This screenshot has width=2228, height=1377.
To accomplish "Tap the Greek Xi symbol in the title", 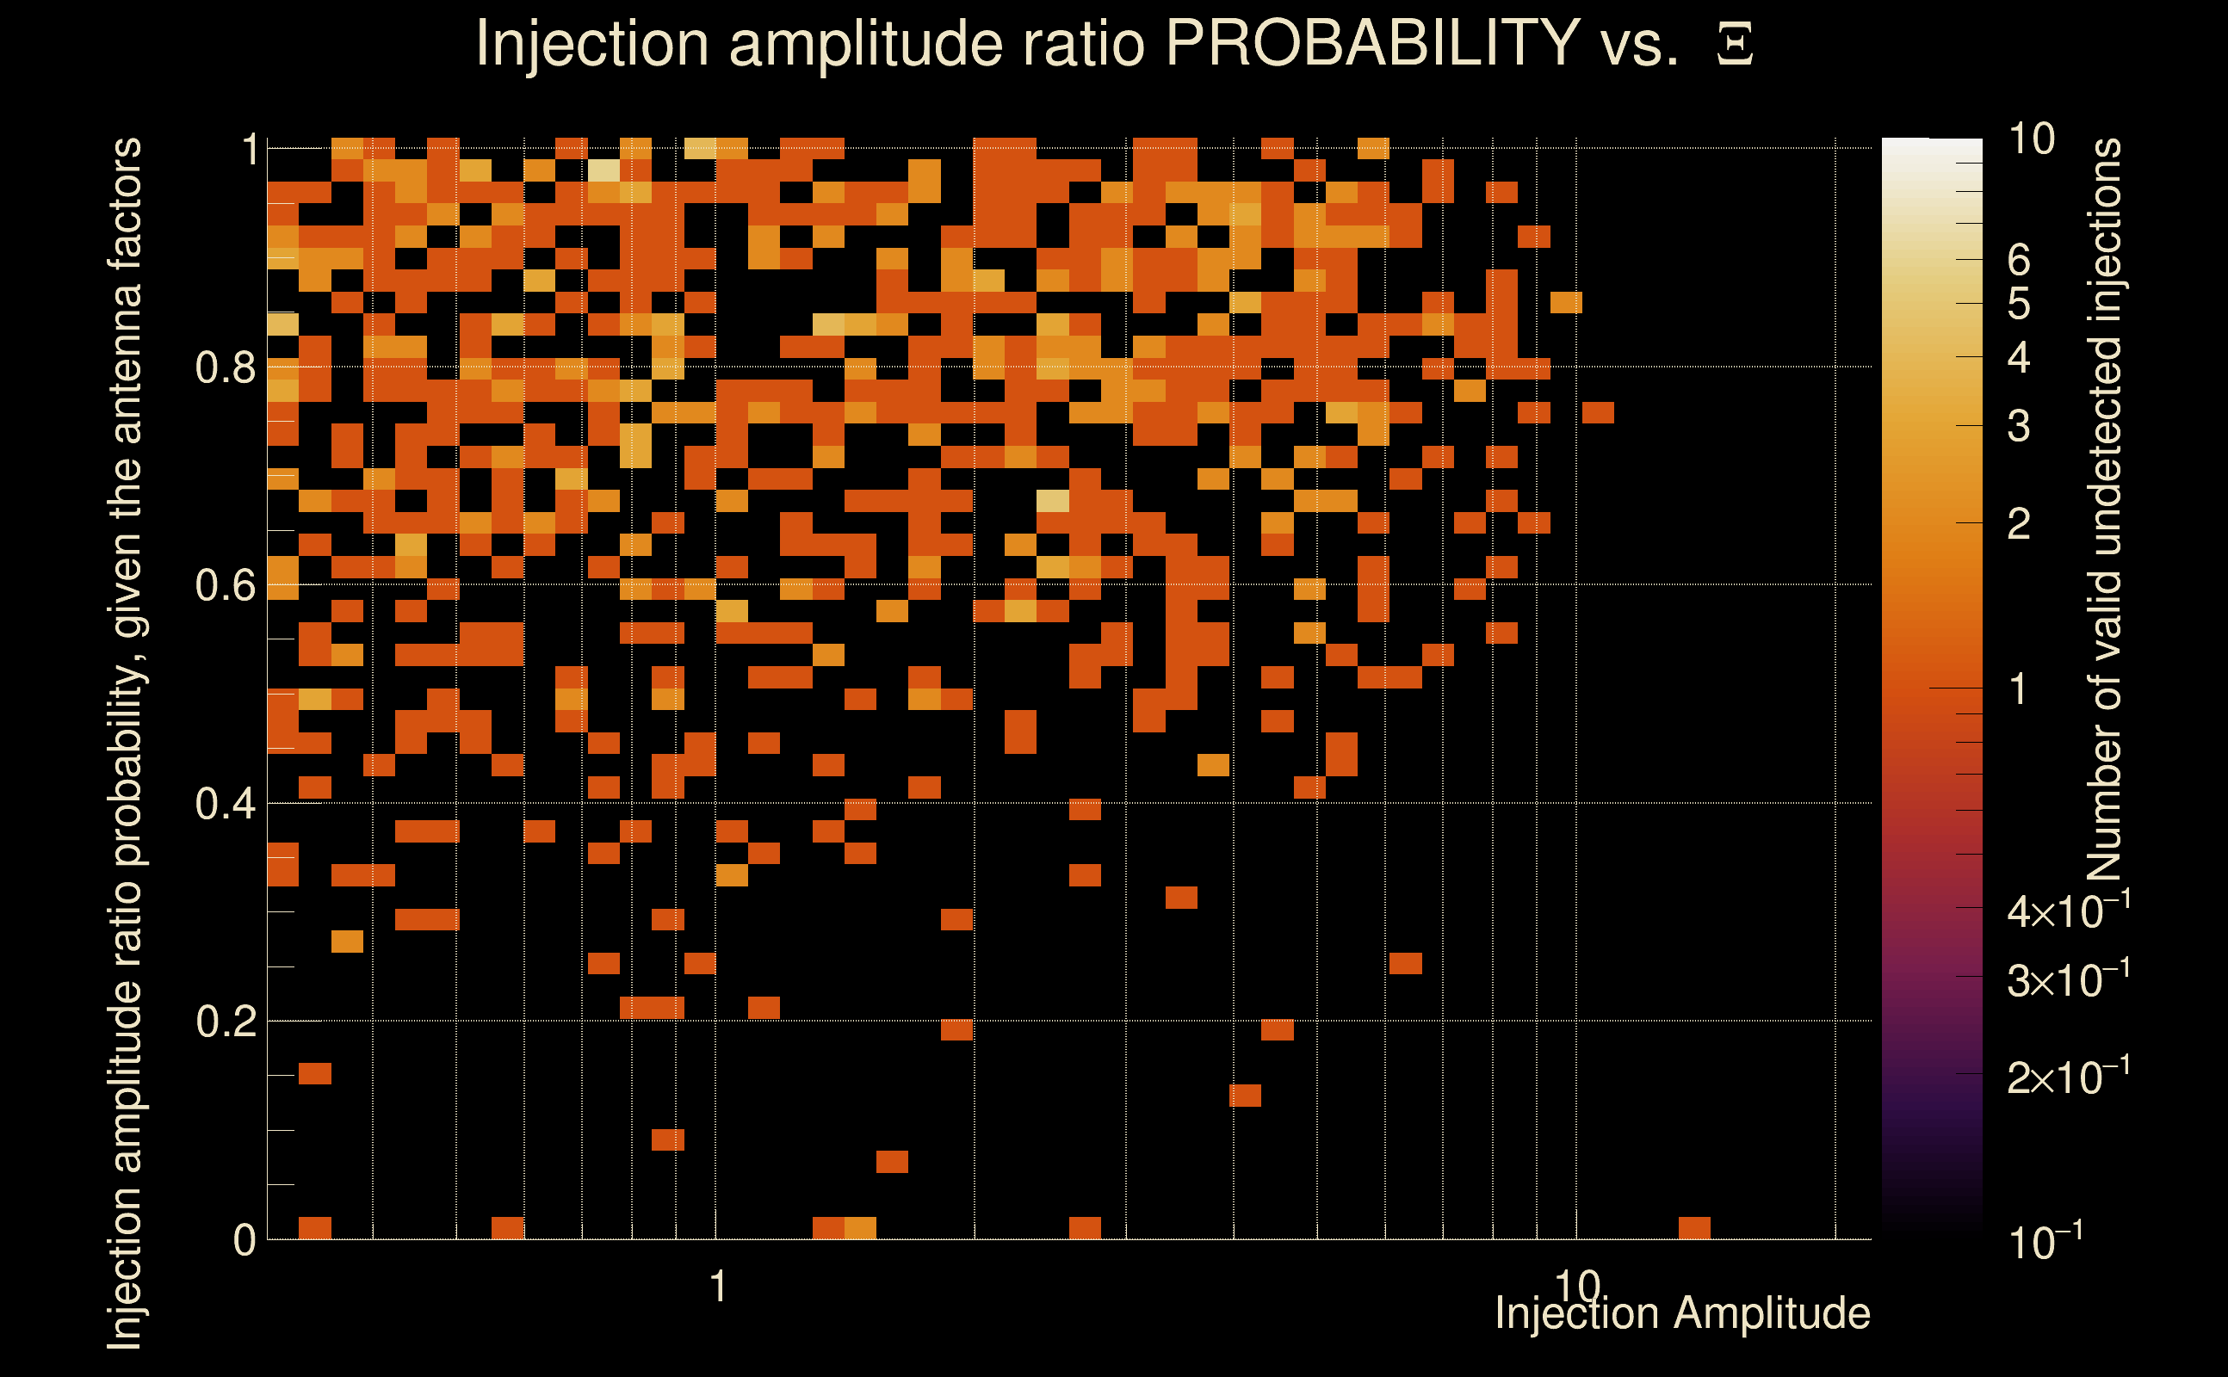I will tap(1735, 45).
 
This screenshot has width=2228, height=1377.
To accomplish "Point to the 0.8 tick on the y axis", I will tap(226, 368).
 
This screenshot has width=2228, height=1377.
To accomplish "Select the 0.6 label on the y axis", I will tap(226, 585).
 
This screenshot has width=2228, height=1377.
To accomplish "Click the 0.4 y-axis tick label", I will tap(226, 804).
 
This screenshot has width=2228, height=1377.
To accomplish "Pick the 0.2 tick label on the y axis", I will tap(226, 1022).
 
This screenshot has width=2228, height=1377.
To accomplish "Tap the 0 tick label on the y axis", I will tap(244, 1240).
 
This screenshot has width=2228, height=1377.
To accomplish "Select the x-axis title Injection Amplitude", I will tap(1682, 1313).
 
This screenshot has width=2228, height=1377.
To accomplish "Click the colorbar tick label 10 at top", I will tap(2031, 139).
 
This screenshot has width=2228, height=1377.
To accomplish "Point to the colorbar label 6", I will tap(2019, 261).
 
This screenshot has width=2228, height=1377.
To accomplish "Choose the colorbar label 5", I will tap(2019, 304).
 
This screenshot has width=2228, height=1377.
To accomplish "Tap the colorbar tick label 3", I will tap(2019, 426).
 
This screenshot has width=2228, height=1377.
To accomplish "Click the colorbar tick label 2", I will tap(2019, 523).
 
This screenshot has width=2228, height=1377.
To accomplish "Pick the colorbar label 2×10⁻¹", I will tap(2068, 1077).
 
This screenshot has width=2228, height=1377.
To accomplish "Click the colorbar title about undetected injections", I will tap(2104, 510).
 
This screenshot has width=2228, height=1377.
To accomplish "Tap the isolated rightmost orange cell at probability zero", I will tap(1694, 1227).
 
